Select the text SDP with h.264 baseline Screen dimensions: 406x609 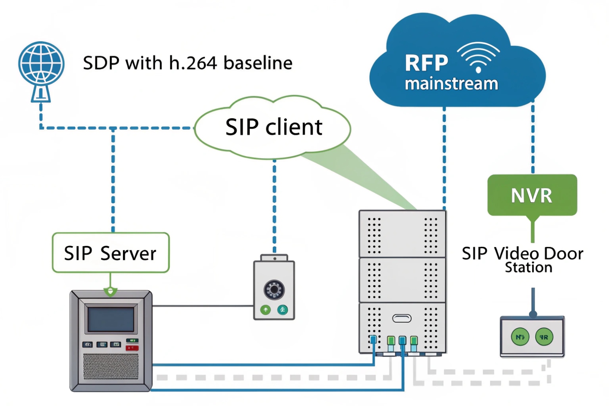(187, 63)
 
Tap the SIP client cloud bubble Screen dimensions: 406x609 (273, 127)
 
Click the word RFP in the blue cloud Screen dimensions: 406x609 (426, 63)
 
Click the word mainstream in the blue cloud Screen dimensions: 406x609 (451, 84)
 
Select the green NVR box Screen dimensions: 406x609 (532, 195)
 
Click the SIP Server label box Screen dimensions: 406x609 (111, 253)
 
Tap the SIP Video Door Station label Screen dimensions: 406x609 (523, 259)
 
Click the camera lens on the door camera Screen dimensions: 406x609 (274, 289)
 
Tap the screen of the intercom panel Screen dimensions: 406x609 (111, 319)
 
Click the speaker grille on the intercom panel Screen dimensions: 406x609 (111, 366)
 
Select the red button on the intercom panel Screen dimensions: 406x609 (132, 348)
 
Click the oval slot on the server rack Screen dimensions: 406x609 (402, 318)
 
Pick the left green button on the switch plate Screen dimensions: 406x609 (520, 337)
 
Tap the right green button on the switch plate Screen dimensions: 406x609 (544, 337)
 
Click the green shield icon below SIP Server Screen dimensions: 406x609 (111, 291)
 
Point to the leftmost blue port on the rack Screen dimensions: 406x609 (373, 340)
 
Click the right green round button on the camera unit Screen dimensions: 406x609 (283, 310)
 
